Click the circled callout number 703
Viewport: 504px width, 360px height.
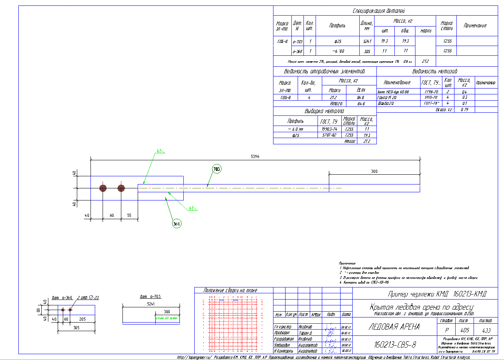(x=217, y=169)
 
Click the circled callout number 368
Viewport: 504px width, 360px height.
(x=177, y=223)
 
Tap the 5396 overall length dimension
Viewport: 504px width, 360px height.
(x=255, y=156)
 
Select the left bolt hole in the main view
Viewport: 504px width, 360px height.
(x=103, y=188)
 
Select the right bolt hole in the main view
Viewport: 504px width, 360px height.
(x=121, y=188)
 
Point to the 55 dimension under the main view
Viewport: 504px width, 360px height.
(x=129, y=215)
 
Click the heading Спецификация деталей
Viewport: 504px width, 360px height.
(x=385, y=11)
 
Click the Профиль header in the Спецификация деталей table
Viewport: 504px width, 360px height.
(x=337, y=26)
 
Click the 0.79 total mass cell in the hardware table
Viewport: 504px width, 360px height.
(x=464, y=110)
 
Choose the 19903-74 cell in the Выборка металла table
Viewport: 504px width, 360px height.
(x=328, y=129)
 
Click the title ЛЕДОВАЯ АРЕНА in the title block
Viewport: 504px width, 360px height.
(x=394, y=327)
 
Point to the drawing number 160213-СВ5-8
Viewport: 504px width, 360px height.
(x=395, y=345)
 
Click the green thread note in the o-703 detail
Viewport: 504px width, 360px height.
(x=167, y=318)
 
